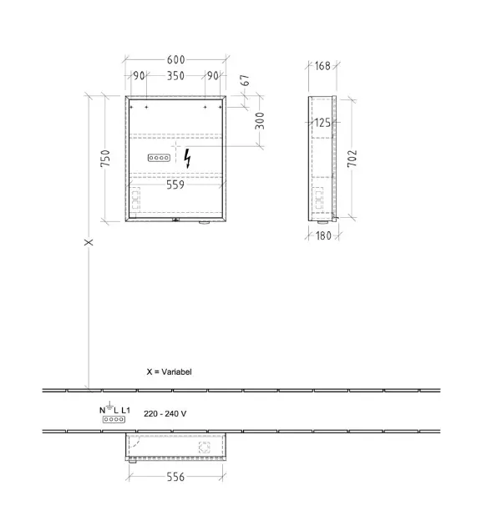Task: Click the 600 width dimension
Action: coord(176,60)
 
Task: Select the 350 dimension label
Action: coord(176,76)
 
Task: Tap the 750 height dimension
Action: coord(105,159)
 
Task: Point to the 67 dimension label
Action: coord(246,80)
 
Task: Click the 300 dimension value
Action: coord(260,121)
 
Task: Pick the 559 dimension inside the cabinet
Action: coord(175,185)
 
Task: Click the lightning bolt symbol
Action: coord(188,159)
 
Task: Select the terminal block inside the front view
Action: coord(159,158)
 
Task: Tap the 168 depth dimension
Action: coord(322,66)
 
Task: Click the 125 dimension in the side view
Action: coord(322,123)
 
